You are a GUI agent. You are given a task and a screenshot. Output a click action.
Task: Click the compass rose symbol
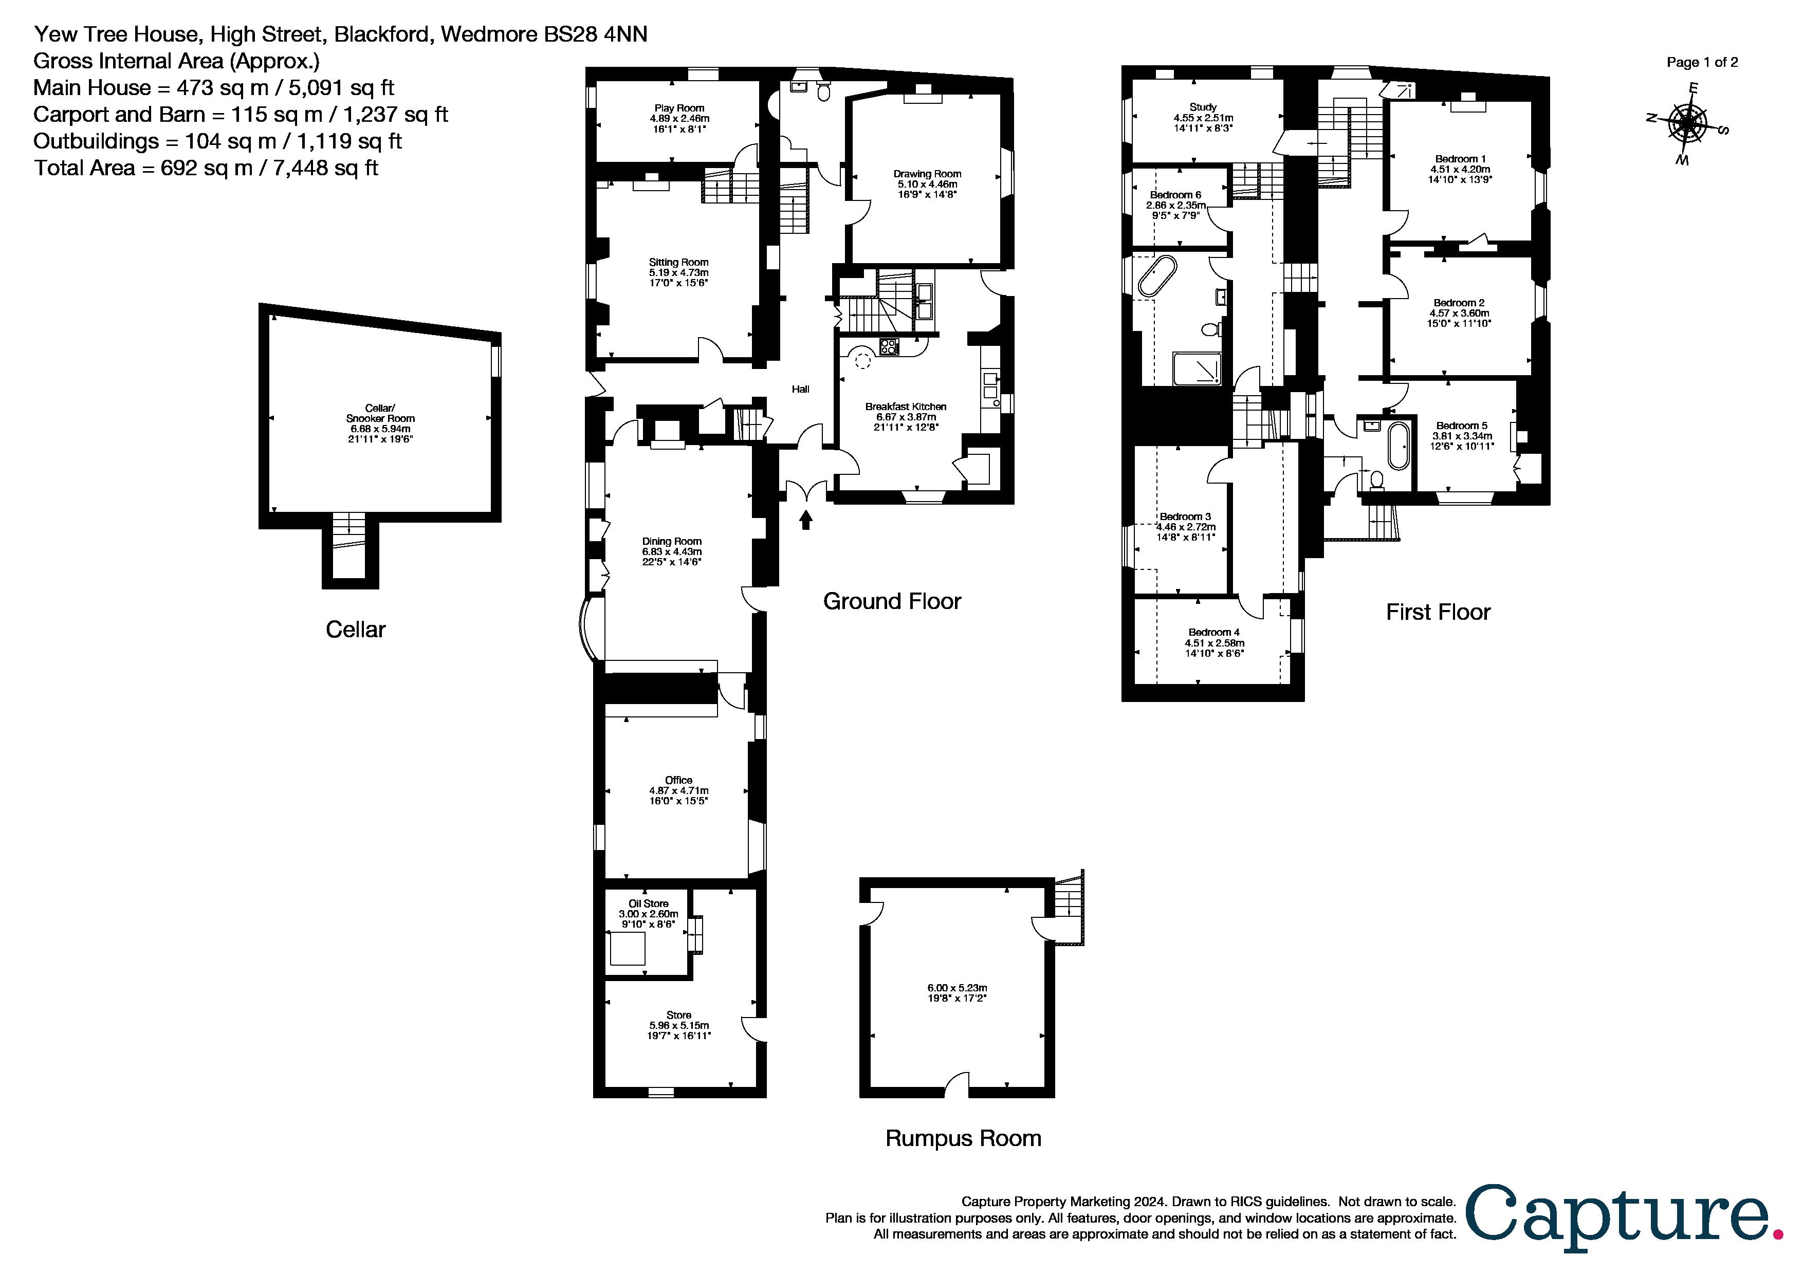click(1686, 124)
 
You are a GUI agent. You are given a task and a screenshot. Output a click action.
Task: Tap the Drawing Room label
click(927, 174)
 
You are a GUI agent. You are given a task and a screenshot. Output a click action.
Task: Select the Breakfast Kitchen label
click(906, 407)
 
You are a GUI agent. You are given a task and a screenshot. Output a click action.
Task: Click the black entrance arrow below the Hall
click(806, 520)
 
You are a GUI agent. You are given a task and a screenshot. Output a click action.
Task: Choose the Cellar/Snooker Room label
click(380, 414)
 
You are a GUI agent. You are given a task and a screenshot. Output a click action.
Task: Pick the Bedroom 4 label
click(1214, 633)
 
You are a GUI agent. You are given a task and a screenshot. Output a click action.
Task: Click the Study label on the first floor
click(1203, 107)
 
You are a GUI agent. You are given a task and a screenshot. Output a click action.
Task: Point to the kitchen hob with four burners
click(890, 347)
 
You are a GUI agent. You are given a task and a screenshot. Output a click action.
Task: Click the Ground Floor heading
click(892, 601)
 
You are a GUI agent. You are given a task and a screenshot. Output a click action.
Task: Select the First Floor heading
click(1438, 612)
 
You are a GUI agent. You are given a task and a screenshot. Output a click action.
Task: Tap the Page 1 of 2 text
click(1702, 63)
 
